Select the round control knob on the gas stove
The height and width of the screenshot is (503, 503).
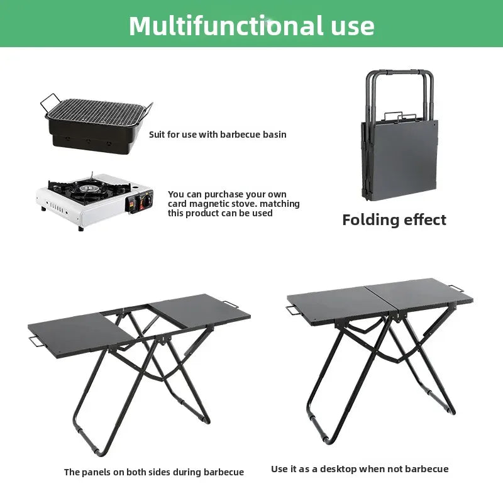tap(147, 201)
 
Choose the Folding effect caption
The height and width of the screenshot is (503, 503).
tap(394, 220)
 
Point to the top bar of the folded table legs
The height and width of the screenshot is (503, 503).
tap(400, 72)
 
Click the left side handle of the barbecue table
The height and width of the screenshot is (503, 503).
tap(35, 341)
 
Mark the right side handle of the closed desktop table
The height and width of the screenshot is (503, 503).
tap(456, 289)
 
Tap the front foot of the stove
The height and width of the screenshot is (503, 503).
tap(80, 228)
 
